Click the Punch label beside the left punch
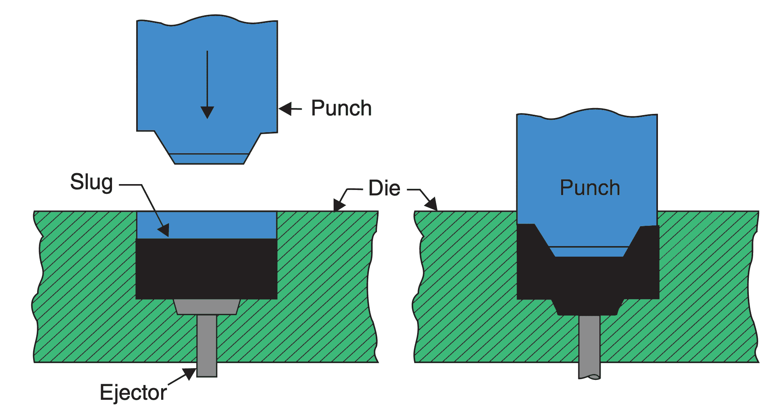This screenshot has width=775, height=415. [341, 108]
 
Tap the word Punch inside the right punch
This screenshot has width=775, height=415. [590, 188]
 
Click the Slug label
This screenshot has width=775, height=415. [92, 182]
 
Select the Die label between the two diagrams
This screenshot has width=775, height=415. [384, 188]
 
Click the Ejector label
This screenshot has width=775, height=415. [133, 392]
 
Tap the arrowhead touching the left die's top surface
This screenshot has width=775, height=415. [338, 205]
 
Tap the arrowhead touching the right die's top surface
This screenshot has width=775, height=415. [431, 204]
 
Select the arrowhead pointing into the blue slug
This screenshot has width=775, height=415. [164, 230]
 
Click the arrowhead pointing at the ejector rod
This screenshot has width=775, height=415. [190, 373]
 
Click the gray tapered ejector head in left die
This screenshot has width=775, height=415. [206, 307]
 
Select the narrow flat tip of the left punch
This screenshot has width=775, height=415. [209, 159]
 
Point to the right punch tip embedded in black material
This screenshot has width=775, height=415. [589, 252]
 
